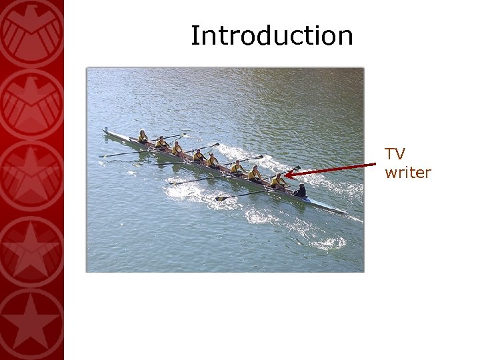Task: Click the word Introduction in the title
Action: pos(271,35)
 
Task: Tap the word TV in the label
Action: pos(395,154)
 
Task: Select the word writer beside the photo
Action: pos(407,173)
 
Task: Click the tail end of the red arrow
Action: pos(375,163)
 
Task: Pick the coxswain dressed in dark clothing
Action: pos(301,191)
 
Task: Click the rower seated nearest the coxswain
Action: pos(278,181)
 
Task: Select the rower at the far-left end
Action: pos(142,137)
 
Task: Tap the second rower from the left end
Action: pos(161,143)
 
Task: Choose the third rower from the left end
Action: pos(177,149)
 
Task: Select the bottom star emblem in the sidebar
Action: pos(31,323)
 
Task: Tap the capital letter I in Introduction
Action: pos(195,35)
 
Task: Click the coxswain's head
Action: pos(303,186)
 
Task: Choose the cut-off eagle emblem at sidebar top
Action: pos(31,27)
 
